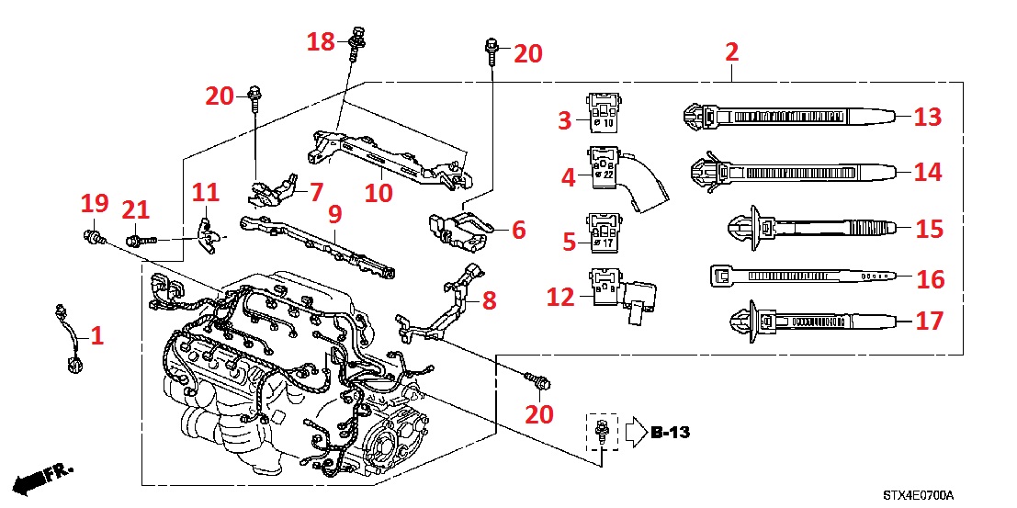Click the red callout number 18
click(322, 41)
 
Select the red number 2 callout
click(731, 51)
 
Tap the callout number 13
click(929, 117)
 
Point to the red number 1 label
click(97, 336)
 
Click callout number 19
click(95, 204)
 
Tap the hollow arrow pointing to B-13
click(638, 432)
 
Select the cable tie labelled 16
click(799, 275)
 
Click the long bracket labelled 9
click(317, 243)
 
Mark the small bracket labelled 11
click(208, 232)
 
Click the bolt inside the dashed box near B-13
click(600, 431)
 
